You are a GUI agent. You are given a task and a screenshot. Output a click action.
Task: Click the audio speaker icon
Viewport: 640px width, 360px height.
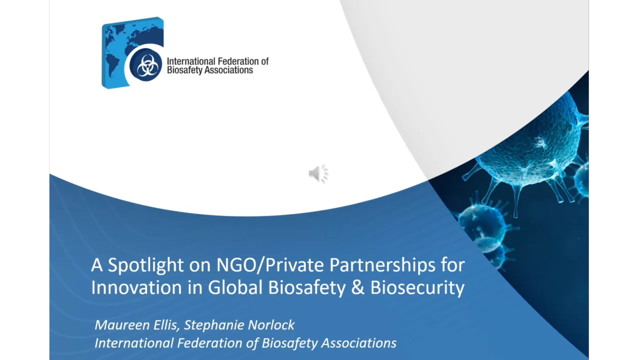click(318, 173)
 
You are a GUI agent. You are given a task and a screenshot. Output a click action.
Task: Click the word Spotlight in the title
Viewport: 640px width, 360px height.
click(145, 265)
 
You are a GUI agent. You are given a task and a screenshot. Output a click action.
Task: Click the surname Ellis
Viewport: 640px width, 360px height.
click(163, 325)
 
